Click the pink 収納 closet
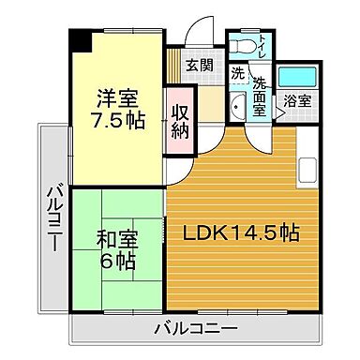[180, 119]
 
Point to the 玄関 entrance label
[198, 65]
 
